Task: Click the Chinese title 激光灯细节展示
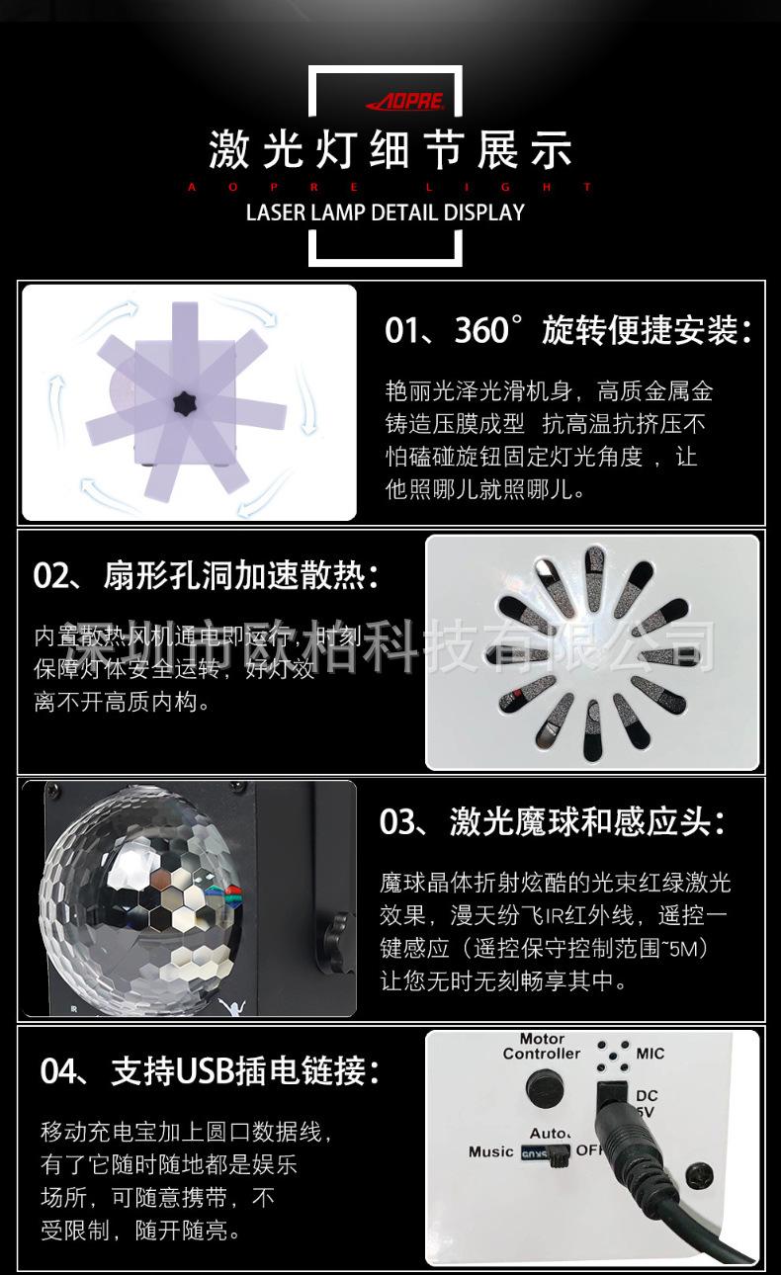(x=390, y=151)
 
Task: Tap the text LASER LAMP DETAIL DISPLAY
(x=385, y=212)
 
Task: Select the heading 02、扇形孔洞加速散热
(x=205, y=576)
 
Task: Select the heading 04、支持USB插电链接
(x=210, y=1071)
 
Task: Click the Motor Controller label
(x=541, y=1047)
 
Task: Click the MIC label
(x=650, y=1054)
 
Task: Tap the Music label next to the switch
(x=490, y=1151)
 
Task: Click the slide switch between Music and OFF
(x=545, y=1152)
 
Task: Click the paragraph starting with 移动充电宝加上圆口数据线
(x=188, y=1181)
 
